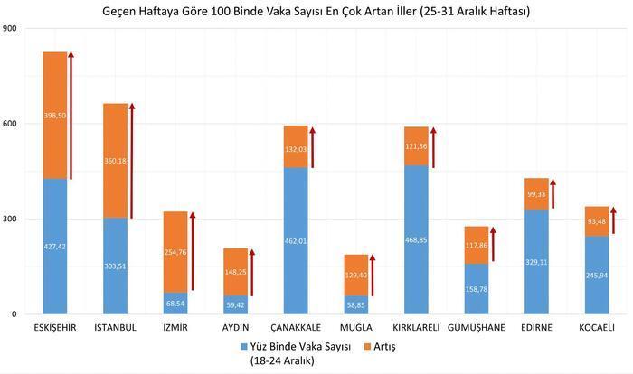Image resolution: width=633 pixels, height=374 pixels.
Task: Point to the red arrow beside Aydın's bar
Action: [x=252, y=271]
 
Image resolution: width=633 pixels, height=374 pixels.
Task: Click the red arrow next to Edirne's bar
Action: [x=553, y=193]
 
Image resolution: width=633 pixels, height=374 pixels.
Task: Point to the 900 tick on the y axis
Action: [x=10, y=29]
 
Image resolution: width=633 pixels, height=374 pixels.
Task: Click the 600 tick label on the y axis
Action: [x=10, y=124]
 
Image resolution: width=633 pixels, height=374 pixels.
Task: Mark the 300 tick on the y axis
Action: [x=10, y=220]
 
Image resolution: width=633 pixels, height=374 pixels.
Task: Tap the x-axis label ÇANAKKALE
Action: [x=295, y=327]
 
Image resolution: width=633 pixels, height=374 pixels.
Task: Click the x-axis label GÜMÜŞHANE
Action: [x=476, y=327]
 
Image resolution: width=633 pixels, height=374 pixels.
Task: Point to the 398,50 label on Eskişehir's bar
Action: [x=54, y=116]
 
